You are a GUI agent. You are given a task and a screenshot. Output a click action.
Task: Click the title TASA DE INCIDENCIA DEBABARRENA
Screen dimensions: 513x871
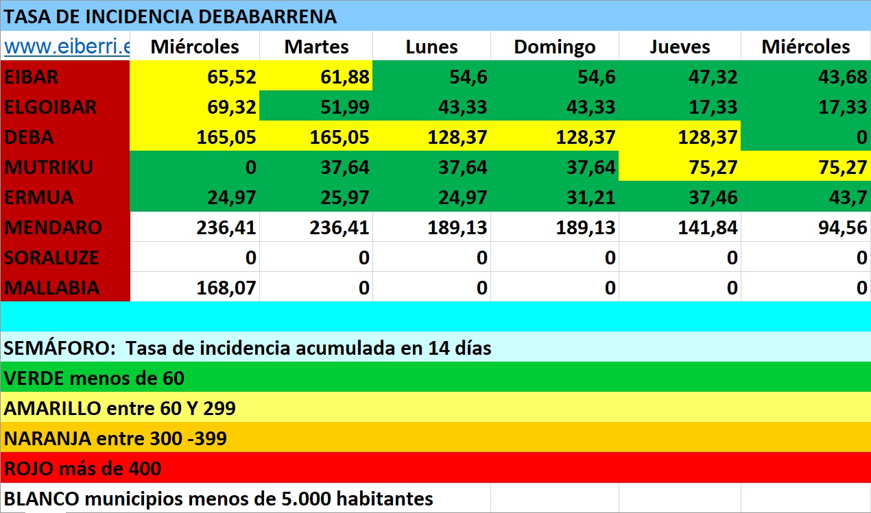pyautogui.click(x=170, y=16)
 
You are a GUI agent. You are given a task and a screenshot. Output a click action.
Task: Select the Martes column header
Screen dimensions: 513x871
pyautogui.click(x=316, y=47)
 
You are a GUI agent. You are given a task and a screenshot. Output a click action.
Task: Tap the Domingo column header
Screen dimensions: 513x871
pyautogui.click(x=554, y=47)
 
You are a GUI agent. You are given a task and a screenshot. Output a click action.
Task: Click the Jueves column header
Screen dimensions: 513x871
pyautogui.click(x=680, y=47)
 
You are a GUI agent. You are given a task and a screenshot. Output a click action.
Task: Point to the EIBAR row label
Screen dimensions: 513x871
pyautogui.click(x=32, y=77)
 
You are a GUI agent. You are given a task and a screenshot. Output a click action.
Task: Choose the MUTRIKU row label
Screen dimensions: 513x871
pyautogui.click(x=48, y=167)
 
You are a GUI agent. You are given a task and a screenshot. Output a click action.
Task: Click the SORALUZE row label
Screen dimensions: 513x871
pyautogui.click(x=51, y=258)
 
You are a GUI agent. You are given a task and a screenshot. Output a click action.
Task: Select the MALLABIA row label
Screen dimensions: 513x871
pyautogui.click(x=51, y=288)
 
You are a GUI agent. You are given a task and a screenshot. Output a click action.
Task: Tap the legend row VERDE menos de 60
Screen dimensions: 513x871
pyautogui.click(x=94, y=377)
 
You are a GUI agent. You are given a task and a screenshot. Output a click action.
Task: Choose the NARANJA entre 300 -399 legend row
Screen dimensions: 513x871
pyautogui.click(x=115, y=438)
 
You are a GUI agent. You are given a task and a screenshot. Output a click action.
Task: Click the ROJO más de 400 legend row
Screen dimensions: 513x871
pyautogui.click(x=82, y=468)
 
